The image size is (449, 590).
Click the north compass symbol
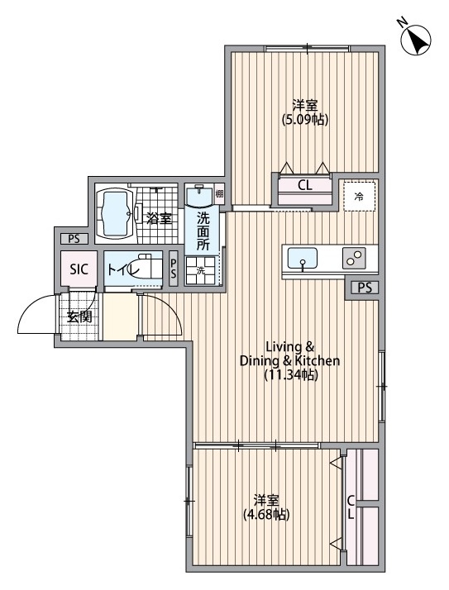click(x=416, y=39)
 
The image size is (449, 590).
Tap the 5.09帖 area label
click(x=305, y=119)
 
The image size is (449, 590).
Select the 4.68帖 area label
click(x=266, y=514)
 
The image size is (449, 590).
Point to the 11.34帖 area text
click(x=291, y=375)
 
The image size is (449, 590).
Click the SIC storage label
click(x=79, y=269)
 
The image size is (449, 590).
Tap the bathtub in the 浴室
click(x=115, y=215)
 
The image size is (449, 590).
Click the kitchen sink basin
click(x=302, y=258)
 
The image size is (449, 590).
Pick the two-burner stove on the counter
click(x=354, y=258)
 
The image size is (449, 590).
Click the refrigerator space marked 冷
click(x=360, y=196)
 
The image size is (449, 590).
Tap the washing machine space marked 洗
click(x=200, y=270)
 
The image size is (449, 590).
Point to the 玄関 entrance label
click(x=79, y=316)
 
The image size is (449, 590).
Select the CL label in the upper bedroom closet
click(x=305, y=185)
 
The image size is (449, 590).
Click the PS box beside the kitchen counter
click(x=365, y=288)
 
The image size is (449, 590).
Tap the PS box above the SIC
click(x=74, y=239)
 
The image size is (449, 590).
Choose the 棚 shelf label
click(x=219, y=194)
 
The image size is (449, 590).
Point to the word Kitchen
click(x=318, y=361)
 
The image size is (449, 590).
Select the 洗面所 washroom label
click(x=203, y=231)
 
